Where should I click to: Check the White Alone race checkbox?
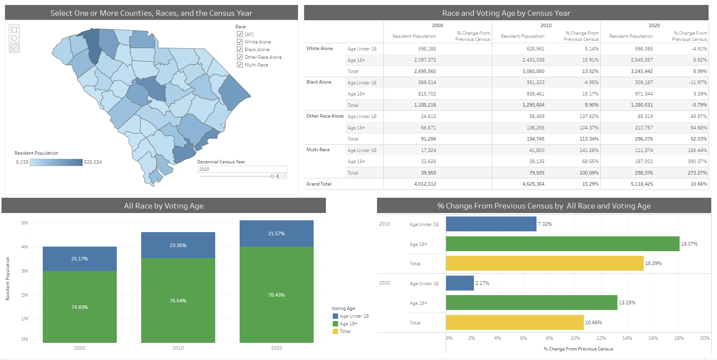coord(240,42)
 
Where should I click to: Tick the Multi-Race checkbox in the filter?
coord(240,65)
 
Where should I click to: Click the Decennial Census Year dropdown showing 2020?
coord(242,169)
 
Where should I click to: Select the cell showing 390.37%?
coord(697,161)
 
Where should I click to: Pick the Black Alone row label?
coord(319,82)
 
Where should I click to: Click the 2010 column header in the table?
coord(546,26)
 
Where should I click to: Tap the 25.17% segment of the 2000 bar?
coord(79,259)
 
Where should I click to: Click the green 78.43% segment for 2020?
coord(276,295)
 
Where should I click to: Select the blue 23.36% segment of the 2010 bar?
coord(178,245)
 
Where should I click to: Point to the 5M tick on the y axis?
coord(25,223)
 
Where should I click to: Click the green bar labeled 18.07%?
coord(562,244)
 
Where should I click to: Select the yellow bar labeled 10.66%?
coord(514,323)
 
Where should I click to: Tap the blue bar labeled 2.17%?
coord(459,283)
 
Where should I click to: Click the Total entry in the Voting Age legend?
coord(345,331)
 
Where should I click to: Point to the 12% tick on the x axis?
coord(601,338)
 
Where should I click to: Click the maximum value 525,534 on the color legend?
coord(93,162)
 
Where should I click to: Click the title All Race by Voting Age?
coord(163,206)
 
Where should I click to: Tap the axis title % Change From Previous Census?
coord(578,349)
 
